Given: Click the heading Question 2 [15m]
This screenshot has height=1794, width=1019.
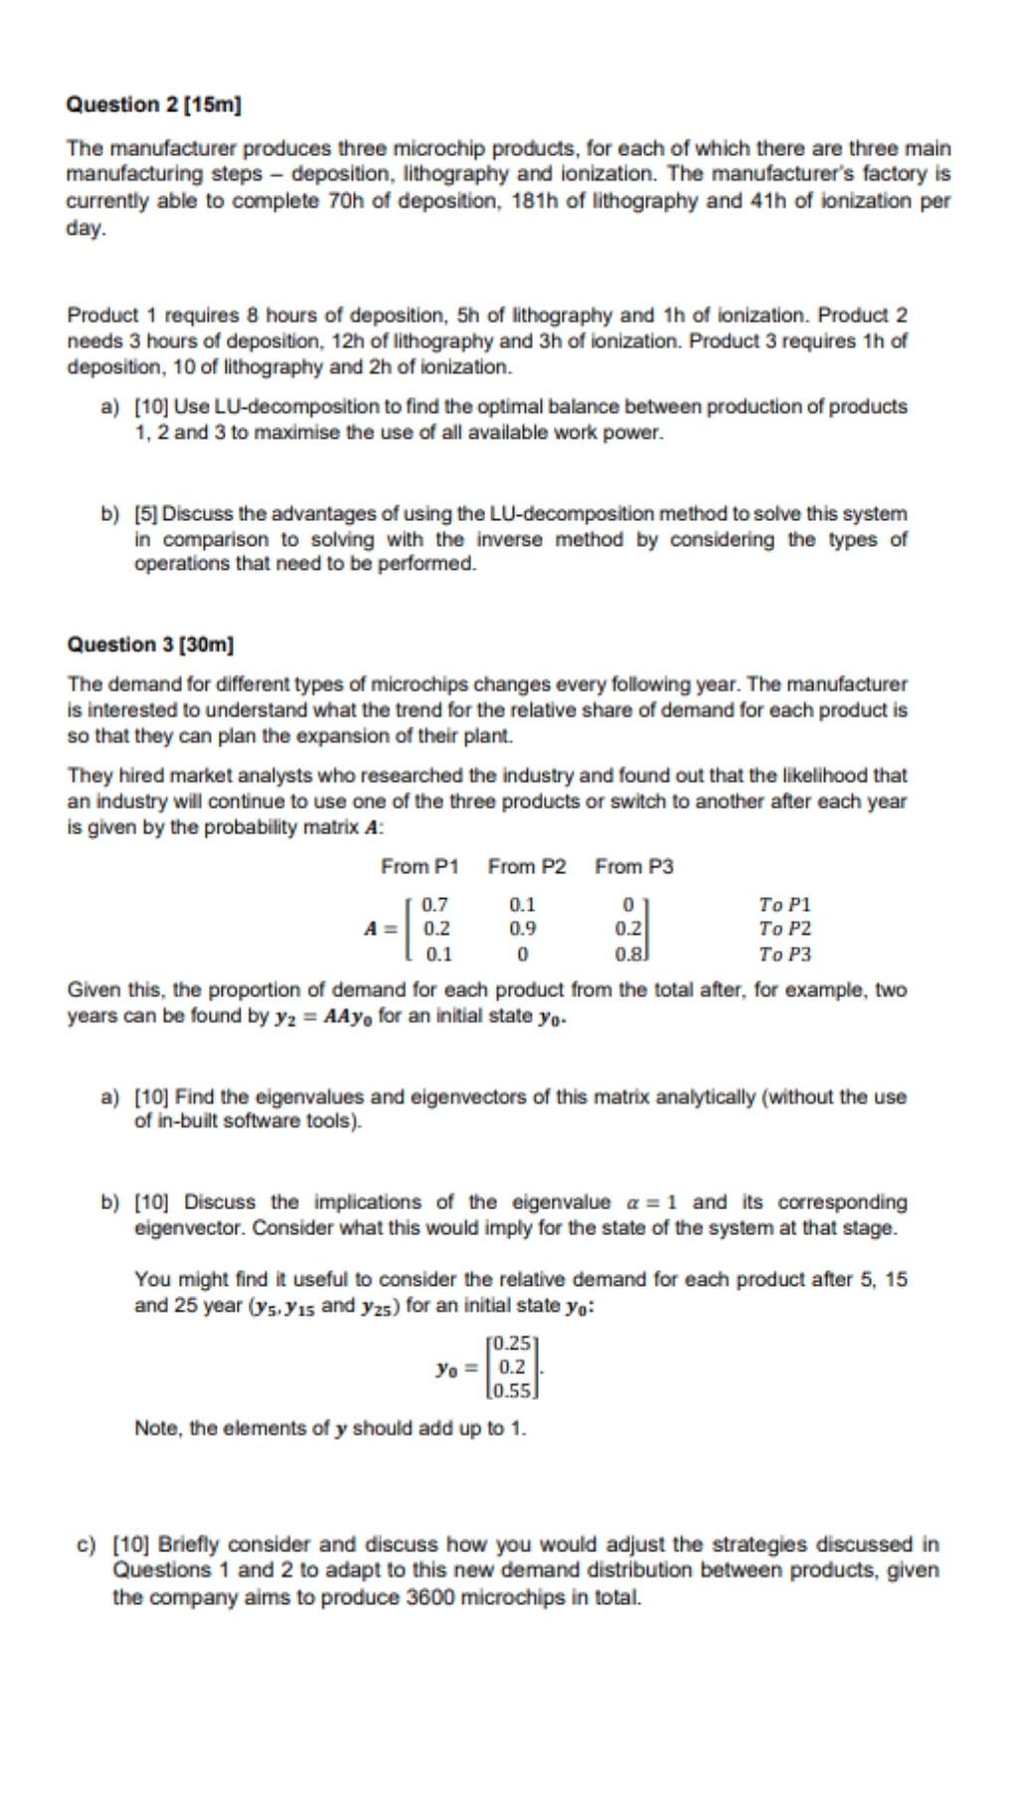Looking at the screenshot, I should click(154, 104).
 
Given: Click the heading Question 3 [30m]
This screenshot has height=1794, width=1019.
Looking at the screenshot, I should click(150, 644).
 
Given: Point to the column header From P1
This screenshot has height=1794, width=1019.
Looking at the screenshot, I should click(420, 866).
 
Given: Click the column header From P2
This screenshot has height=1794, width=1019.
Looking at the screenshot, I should click(527, 866).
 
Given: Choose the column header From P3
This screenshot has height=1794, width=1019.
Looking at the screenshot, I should click(634, 866).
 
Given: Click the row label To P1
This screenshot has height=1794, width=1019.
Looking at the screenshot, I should click(784, 905).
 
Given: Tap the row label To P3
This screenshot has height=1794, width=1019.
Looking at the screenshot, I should click(784, 955).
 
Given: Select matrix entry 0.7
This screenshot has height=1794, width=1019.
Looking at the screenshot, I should click(435, 905).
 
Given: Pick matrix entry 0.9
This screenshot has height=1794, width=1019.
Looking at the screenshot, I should click(523, 929).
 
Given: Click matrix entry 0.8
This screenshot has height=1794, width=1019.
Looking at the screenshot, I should click(628, 955).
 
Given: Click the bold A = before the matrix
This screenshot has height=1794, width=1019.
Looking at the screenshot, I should click(381, 929).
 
